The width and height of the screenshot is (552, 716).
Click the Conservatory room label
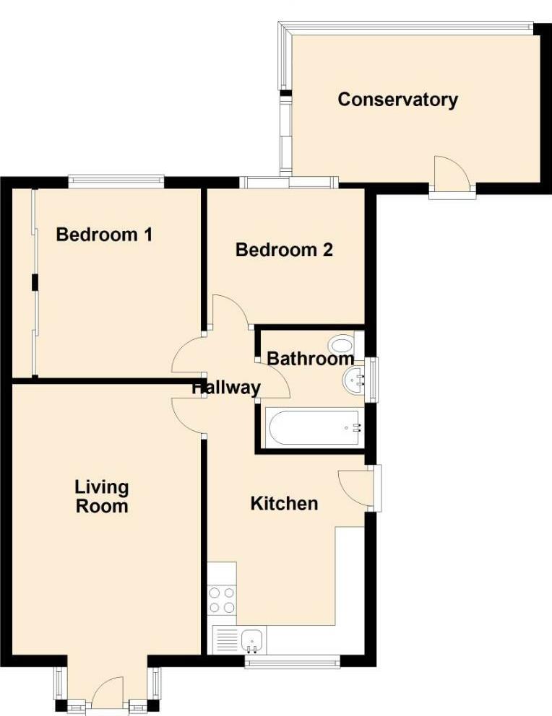(397, 100)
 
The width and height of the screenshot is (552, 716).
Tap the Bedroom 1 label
(104, 235)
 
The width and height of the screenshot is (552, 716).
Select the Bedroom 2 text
(284, 250)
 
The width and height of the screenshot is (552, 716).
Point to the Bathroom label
(310, 359)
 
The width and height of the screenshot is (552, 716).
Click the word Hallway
(226, 388)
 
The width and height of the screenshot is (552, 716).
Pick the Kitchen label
(284, 503)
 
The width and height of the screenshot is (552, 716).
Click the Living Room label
(102, 497)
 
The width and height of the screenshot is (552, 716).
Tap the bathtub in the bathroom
(314, 428)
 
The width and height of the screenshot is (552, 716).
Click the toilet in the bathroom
(340, 344)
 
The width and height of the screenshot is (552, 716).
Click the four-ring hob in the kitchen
(222, 600)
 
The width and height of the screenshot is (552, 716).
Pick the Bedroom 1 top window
(116, 180)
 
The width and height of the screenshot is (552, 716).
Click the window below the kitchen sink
(292, 660)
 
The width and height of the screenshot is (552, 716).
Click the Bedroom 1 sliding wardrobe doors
(34, 281)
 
